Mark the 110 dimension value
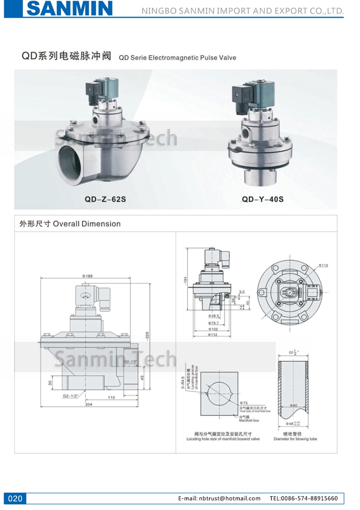coord(110,397)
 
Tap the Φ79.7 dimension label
coord(215,323)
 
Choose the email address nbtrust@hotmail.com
coord(219,498)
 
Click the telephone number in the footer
coord(304,498)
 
